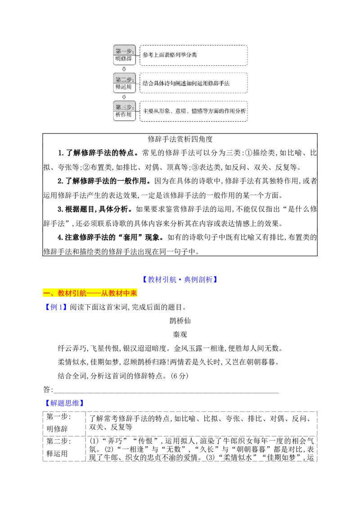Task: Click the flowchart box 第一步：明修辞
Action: pyautogui.click(x=124, y=55)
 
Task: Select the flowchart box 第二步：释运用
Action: pyautogui.click(x=124, y=83)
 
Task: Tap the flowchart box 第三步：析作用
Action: pyautogui.click(x=124, y=111)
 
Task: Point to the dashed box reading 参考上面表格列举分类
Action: pyautogui.click(x=193, y=55)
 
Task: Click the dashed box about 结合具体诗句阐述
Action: pyautogui.click(x=193, y=83)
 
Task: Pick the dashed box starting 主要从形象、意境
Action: pyautogui.click(x=193, y=111)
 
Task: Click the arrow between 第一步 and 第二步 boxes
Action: pyautogui.click(x=124, y=69)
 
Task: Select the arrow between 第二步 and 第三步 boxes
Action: pyautogui.click(x=124, y=97)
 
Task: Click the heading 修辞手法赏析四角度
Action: pyautogui.click(x=180, y=139)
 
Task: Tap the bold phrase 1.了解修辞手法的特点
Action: pyautogui.click(x=99, y=153)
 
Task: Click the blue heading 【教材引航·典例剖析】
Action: pyautogui.click(x=180, y=280)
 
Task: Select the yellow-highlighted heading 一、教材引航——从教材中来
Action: pyautogui.click(x=90, y=293)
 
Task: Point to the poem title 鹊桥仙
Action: pyautogui.click(x=180, y=321)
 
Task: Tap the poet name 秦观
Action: pyautogui.click(x=180, y=335)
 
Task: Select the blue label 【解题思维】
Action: pyautogui.click(x=64, y=403)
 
